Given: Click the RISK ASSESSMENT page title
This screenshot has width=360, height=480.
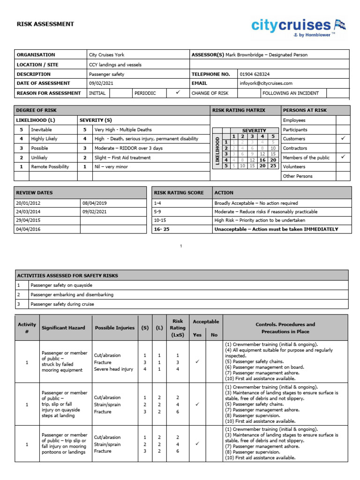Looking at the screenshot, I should [45, 24].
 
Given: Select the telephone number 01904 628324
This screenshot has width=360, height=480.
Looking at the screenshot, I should [255, 74].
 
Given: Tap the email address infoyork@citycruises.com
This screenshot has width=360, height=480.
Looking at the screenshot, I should [266, 83].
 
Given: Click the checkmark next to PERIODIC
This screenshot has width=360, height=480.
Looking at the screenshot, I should [178, 93].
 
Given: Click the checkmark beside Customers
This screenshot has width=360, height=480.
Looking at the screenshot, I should [343, 139].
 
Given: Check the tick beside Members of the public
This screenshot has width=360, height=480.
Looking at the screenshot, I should [343, 157].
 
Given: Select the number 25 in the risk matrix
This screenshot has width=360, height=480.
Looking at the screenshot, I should [273, 165].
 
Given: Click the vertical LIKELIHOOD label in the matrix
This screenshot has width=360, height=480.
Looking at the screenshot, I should [217, 151].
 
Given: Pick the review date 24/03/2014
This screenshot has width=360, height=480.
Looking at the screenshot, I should [28, 212].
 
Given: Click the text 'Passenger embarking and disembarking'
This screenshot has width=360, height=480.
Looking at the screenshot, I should [72, 295].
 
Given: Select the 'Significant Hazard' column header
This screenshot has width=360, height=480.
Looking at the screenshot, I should [63, 328].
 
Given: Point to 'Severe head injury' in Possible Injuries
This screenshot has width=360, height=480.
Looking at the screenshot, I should [113, 369].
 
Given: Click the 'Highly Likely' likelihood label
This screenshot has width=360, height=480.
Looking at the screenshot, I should [45, 139].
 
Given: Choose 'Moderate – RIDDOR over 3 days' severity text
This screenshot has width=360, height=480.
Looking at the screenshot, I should [128, 148].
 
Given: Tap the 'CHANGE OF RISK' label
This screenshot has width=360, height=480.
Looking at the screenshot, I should [210, 93].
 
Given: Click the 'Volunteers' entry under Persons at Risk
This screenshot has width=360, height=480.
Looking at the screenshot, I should [294, 166].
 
